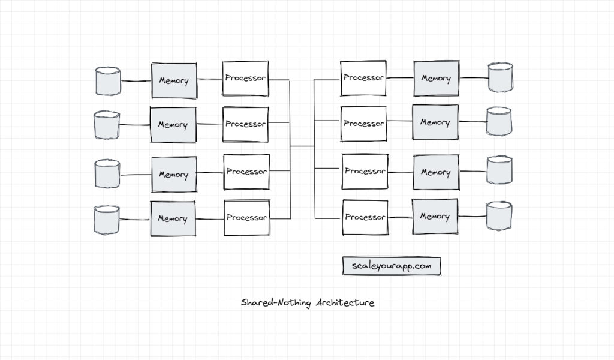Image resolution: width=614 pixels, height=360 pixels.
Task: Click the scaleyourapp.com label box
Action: click(392, 266)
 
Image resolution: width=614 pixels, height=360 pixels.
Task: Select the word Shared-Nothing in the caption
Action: click(276, 302)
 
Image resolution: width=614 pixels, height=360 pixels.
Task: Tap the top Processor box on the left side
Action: click(246, 79)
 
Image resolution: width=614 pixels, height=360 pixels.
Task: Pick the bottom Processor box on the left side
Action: click(246, 218)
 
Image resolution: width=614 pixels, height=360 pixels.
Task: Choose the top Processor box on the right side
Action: click(363, 78)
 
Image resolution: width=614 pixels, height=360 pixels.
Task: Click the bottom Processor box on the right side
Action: click(365, 217)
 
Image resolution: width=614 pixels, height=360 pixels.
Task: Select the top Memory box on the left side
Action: click(174, 80)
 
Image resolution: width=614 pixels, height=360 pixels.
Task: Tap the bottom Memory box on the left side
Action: click(173, 219)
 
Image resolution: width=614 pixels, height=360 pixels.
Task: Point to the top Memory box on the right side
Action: click(436, 78)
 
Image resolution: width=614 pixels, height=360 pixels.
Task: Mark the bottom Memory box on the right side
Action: click(435, 217)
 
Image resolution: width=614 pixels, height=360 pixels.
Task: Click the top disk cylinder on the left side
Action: click(109, 81)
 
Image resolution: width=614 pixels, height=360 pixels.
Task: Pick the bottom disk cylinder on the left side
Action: click(107, 220)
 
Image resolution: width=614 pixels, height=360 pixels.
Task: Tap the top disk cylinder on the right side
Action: click(501, 78)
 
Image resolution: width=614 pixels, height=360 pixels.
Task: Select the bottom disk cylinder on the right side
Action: click(499, 217)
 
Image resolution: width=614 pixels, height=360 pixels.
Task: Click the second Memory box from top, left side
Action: click(173, 125)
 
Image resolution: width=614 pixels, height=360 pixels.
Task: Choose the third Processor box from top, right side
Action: click(365, 172)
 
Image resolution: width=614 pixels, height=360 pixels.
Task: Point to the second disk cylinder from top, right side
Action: click(499, 122)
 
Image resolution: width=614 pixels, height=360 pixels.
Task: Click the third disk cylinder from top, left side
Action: click(108, 173)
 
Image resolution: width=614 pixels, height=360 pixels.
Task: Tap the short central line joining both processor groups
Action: click(302, 146)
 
